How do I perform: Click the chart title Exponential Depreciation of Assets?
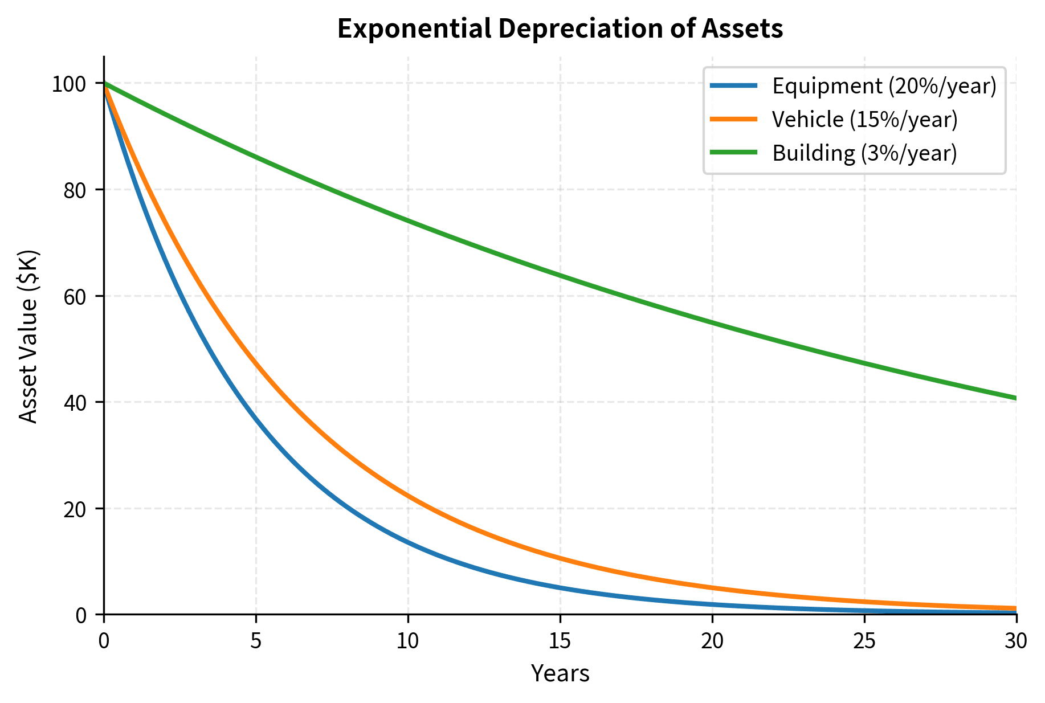click(x=560, y=29)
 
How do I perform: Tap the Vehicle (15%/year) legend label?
click(x=864, y=120)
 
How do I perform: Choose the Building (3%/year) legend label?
click(x=864, y=153)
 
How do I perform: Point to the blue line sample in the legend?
click(x=734, y=85)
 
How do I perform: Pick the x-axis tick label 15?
click(x=560, y=641)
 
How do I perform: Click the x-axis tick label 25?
click(x=864, y=641)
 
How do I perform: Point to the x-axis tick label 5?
click(x=256, y=641)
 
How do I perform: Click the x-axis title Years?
click(x=560, y=674)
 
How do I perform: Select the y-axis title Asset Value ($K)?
click(x=28, y=336)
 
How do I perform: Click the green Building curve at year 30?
click(x=1015, y=398)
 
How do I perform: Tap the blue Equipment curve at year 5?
click(x=256, y=419)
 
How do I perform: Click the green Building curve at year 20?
click(x=712, y=323)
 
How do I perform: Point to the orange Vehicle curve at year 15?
click(x=560, y=558)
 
